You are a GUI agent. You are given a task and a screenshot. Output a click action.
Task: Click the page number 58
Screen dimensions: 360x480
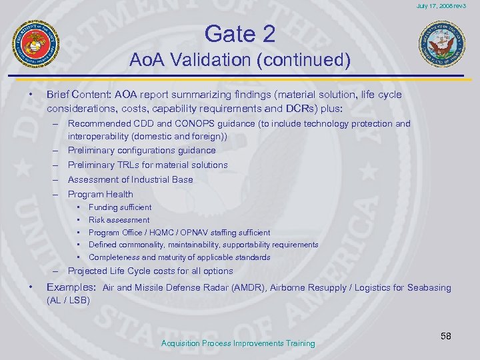pyautogui.click(x=445, y=337)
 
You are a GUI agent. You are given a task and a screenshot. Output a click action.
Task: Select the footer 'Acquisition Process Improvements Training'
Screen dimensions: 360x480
pyautogui.click(x=238, y=343)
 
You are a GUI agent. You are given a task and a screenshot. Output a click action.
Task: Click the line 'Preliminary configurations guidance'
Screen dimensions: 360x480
pyautogui.click(x=141, y=150)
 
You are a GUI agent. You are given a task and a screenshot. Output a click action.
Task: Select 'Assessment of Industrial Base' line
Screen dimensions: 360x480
pyautogui.click(x=130, y=179)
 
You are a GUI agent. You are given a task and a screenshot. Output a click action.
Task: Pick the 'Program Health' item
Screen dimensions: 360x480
pyautogui.click(x=100, y=194)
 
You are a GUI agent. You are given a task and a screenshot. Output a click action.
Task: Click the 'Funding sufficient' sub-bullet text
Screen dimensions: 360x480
pyautogui.click(x=120, y=207)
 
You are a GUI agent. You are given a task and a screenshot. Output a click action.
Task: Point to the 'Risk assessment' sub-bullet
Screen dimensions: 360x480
pyautogui.click(x=119, y=220)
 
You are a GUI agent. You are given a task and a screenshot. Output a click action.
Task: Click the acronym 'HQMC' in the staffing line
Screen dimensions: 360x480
pyautogui.click(x=168, y=233)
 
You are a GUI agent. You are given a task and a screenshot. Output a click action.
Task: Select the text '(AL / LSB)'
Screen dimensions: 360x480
pyautogui.click(x=68, y=301)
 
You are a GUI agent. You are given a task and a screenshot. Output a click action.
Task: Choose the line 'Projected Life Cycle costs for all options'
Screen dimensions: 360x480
pyautogui.click(x=150, y=271)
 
